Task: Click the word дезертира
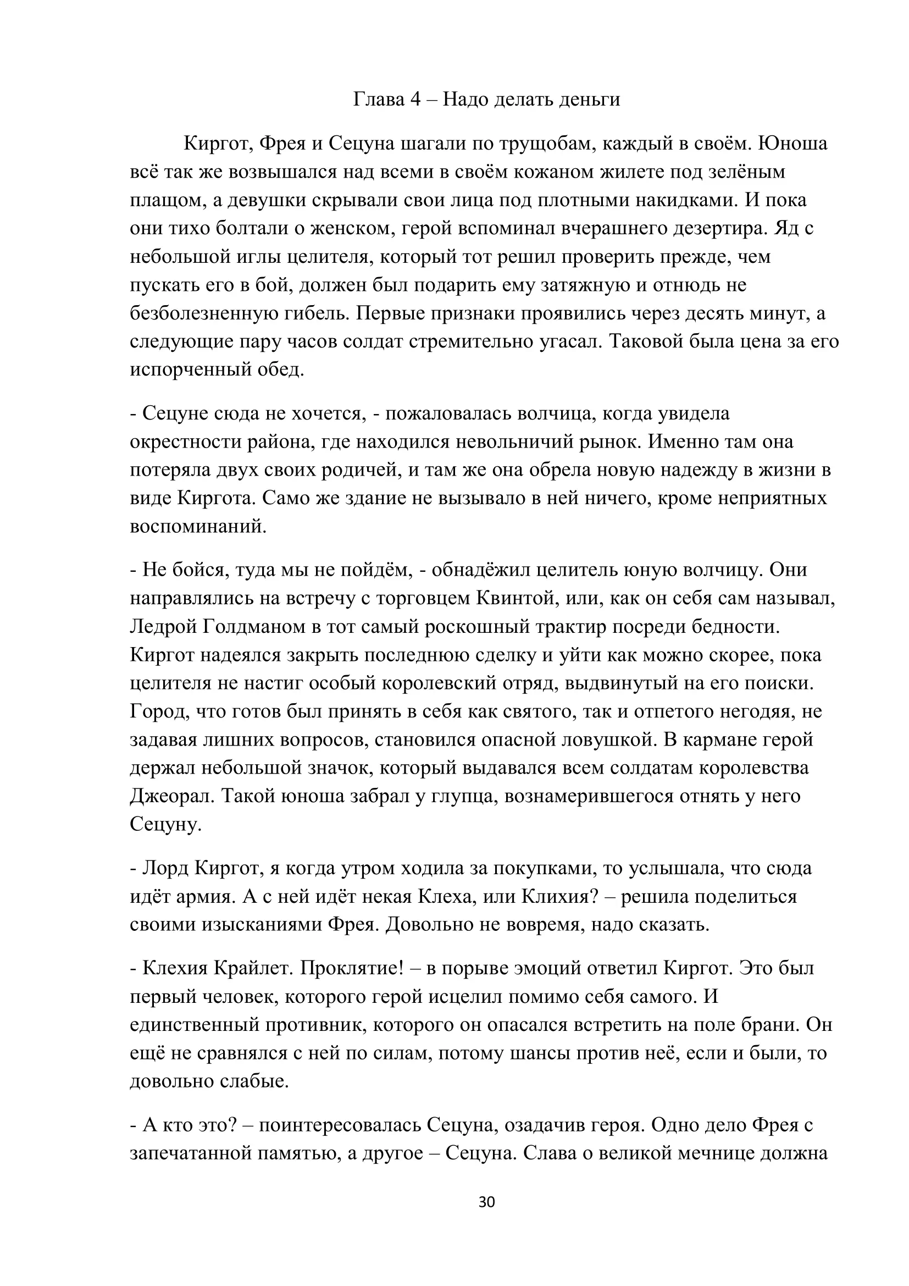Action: click(x=720, y=229)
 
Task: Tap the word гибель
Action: click(x=315, y=313)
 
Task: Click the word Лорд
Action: click(x=165, y=869)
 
